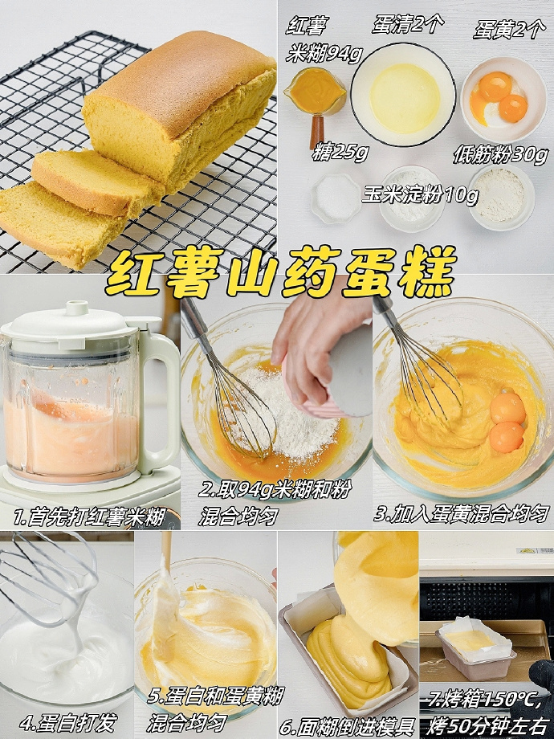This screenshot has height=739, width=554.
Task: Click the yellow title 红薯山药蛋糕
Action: [281, 272]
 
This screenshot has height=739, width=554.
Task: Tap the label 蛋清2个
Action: [407, 24]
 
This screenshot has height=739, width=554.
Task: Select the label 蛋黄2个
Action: [509, 30]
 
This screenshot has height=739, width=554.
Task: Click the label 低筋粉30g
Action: [501, 155]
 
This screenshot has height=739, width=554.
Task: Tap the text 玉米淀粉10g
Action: [420, 194]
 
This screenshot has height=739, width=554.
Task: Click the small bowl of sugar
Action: [336, 198]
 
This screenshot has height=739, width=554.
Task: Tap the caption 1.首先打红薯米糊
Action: [89, 517]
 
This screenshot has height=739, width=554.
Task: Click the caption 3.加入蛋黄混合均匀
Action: [462, 513]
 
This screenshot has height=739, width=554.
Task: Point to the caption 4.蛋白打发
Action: [67, 722]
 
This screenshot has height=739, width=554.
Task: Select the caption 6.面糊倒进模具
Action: [347, 726]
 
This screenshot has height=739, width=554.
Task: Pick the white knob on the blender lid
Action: [77, 308]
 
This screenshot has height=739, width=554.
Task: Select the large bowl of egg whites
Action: [403, 94]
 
